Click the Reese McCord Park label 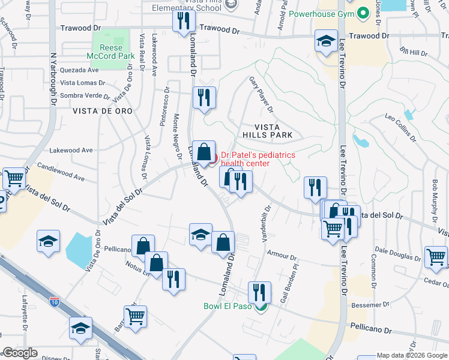(x=107, y=52)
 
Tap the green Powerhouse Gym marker (x=363, y=13)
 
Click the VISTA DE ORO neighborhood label (x=97, y=111)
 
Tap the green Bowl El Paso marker (x=260, y=308)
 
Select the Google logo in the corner (x=20, y=353)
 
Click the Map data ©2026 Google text (x=412, y=355)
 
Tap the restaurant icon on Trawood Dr (x=182, y=21)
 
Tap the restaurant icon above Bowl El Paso (x=259, y=292)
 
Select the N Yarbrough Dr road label (x=53, y=84)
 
